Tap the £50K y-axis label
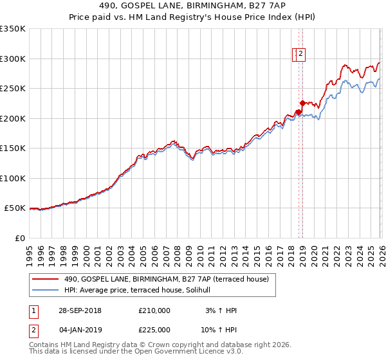point(15,208)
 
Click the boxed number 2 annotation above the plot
point(300,55)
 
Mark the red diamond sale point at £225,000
point(302,103)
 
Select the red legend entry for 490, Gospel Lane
point(170,279)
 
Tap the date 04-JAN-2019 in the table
point(78,330)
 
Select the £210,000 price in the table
point(154,310)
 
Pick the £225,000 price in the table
point(154,330)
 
